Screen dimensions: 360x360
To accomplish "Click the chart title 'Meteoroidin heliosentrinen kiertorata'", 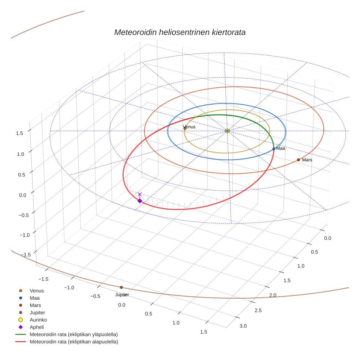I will (180, 32).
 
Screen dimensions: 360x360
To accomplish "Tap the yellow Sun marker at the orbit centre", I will (227, 131).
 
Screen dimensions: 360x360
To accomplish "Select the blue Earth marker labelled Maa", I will (274, 149).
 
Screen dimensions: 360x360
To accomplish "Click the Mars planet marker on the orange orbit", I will (298, 160).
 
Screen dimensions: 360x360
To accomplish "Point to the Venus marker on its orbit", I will (185, 128).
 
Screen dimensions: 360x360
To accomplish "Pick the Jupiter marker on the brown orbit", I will (121, 287).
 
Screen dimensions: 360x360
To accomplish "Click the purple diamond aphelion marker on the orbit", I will (139, 200).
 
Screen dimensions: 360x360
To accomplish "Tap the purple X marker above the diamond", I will (139, 194).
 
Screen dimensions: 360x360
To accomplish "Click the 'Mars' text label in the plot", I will (307, 160).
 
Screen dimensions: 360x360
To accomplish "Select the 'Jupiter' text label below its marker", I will (122, 295).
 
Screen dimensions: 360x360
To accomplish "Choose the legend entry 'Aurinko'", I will (38, 320).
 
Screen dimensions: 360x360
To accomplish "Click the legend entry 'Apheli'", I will (37, 327).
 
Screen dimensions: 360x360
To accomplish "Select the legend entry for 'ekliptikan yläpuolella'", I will (74, 334).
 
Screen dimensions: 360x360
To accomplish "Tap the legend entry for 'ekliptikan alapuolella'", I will (74, 342).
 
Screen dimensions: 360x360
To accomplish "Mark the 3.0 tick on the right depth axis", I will (243, 326).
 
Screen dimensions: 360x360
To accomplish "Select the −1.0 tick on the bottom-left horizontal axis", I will (69, 288).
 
